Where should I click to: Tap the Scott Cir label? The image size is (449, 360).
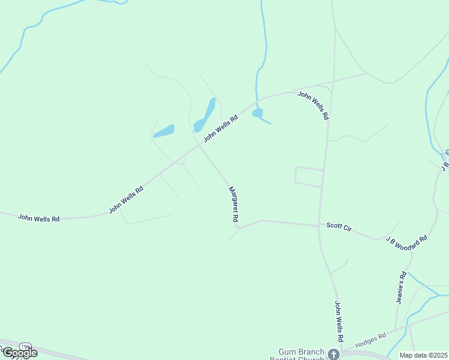point(339,226)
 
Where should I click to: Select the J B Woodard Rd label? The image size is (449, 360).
point(406,238)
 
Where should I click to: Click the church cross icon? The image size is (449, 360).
point(333,354)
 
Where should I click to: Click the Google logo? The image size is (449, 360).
point(19,353)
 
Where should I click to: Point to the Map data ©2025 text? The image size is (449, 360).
point(423,355)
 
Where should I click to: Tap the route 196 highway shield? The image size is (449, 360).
point(25,347)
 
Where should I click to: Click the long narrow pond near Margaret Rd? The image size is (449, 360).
point(205,115)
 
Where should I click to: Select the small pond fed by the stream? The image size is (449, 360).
point(258,113)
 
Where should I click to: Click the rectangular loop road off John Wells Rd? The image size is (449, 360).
point(309,176)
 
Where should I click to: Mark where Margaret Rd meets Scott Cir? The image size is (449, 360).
point(240,227)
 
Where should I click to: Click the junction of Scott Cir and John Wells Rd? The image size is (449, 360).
point(319,226)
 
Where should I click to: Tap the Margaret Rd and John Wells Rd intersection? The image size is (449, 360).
point(200,144)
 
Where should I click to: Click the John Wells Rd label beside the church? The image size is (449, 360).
point(339,322)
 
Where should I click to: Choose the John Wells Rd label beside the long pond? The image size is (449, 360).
point(221,128)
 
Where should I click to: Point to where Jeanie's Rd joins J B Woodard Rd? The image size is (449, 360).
point(412,253)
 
